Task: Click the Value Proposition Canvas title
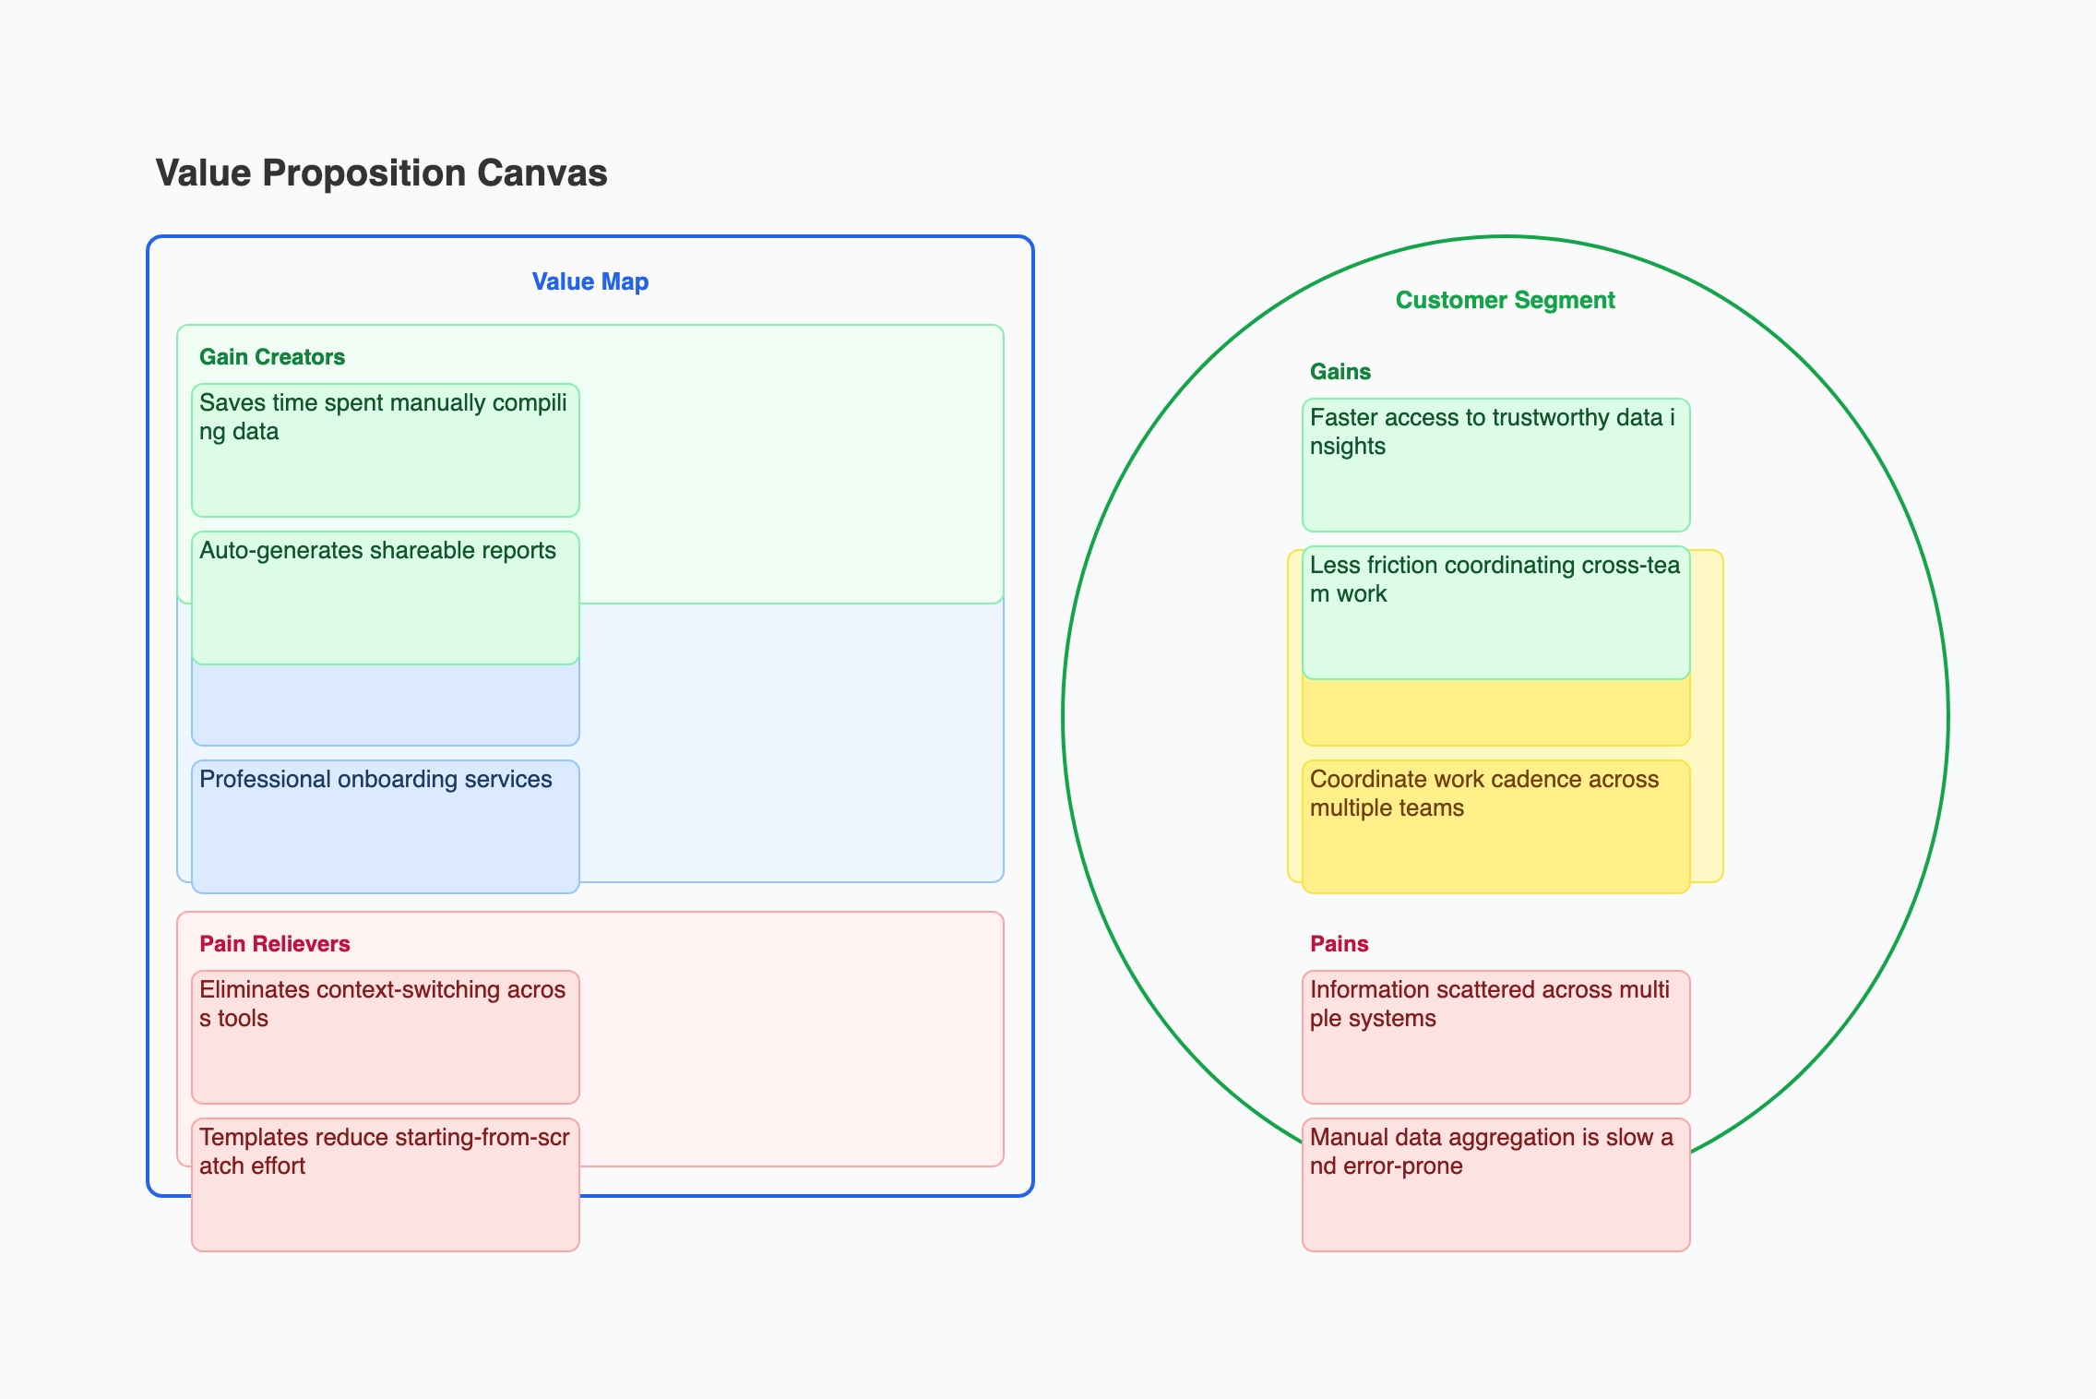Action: (381, 173)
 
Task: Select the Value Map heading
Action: (589, 281)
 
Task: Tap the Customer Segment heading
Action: (1505, 300)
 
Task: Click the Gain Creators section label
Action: (271, 357)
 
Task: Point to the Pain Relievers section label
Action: (274, 944)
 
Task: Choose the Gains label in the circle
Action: (1340, 372)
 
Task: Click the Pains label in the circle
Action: (1339, 944)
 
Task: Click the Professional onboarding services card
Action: (385, 826)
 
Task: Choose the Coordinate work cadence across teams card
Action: (1495, 826)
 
